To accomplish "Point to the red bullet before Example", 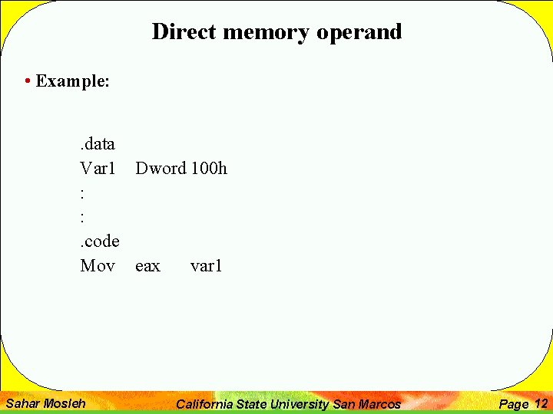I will (x=28, y=81).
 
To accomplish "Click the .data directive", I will (x=98, y=143).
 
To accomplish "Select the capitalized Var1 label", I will (x=98, y=168).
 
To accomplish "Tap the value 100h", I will (x=209, y=168).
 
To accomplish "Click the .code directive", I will (x=99, y=242).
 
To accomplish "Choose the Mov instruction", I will (x=98, y=266).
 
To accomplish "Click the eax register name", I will (x=147, y=266).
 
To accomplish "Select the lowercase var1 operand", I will (x=206, y=266).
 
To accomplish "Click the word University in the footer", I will (x=302, y=404).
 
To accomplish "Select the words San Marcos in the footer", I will (x=366, y=404).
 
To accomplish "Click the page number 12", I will (x=541, y=403).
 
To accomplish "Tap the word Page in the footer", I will (x=514, y=404).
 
